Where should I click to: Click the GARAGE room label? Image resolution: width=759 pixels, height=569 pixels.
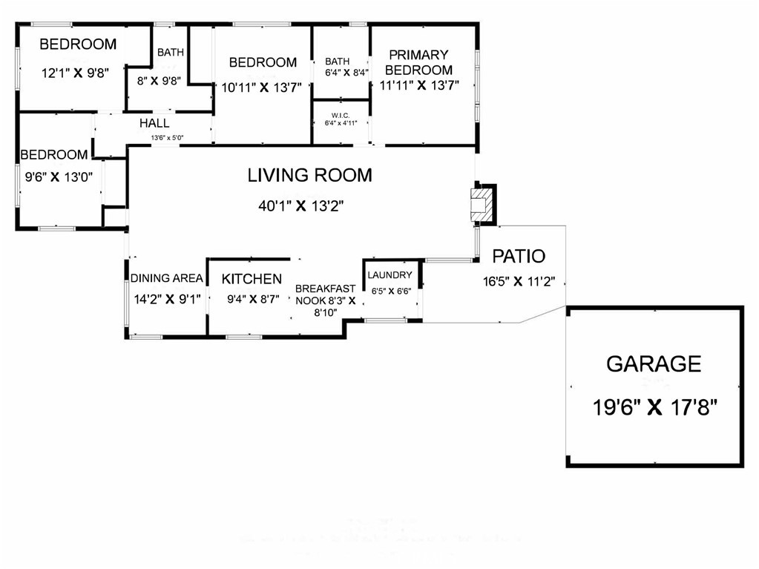pyautogui.click(x=653, y=364)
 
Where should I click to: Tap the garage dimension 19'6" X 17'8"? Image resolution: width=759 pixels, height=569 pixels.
pyautogui.click(x=654, y=407)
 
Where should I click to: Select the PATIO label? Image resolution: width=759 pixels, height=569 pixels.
pyautogui.click(x=519, y=257)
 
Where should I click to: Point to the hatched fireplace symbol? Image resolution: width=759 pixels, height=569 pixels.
pyautogui.click(x=481, y=203)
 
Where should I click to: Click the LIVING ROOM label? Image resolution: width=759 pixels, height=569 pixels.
pyautogui.click(x=309, y=176)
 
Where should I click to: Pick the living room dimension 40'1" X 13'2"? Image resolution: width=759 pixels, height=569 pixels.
pyautogui.click(x=301, y=206)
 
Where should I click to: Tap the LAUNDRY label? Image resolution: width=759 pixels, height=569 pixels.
pyautogui.click(x=389, y=275)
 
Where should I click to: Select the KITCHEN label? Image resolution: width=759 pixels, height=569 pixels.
pyautogui.click(x=252, y=279)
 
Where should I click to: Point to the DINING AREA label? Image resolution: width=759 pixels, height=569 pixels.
pyautogui.click(x=167, y=278)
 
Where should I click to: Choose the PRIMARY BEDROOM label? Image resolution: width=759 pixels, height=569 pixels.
pyautogui.click(x=418, y=62)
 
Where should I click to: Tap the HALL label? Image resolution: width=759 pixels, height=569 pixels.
pyautogui.click(x=154, y=123)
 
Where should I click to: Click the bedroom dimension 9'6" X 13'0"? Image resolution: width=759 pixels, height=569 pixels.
pyautogui.click(x=54, y=177)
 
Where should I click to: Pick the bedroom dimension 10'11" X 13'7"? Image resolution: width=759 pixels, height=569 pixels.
pyautogui.click(x=262, y=86)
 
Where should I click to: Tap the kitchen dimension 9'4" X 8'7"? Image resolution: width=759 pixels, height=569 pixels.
pyautogui.click(x=252, y=300)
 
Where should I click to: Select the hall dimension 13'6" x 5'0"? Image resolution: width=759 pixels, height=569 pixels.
pyautogui.click(x=168, y=138)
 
